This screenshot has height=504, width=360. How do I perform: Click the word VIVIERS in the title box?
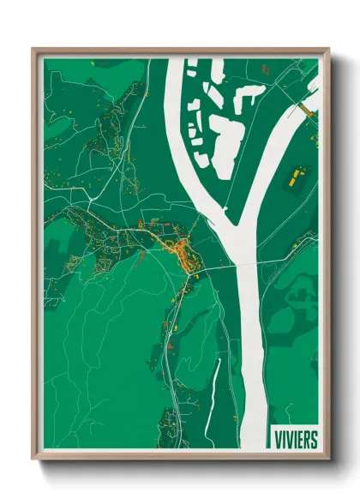point(294,439)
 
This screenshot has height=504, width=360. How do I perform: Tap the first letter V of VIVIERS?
point(275,439)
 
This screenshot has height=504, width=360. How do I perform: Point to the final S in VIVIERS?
point(313,439)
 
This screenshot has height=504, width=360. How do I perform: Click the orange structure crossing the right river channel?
point(306,109)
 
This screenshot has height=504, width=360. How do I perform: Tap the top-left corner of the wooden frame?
point(34,50)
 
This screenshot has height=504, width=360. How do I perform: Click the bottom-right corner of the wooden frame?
point(327,459)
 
